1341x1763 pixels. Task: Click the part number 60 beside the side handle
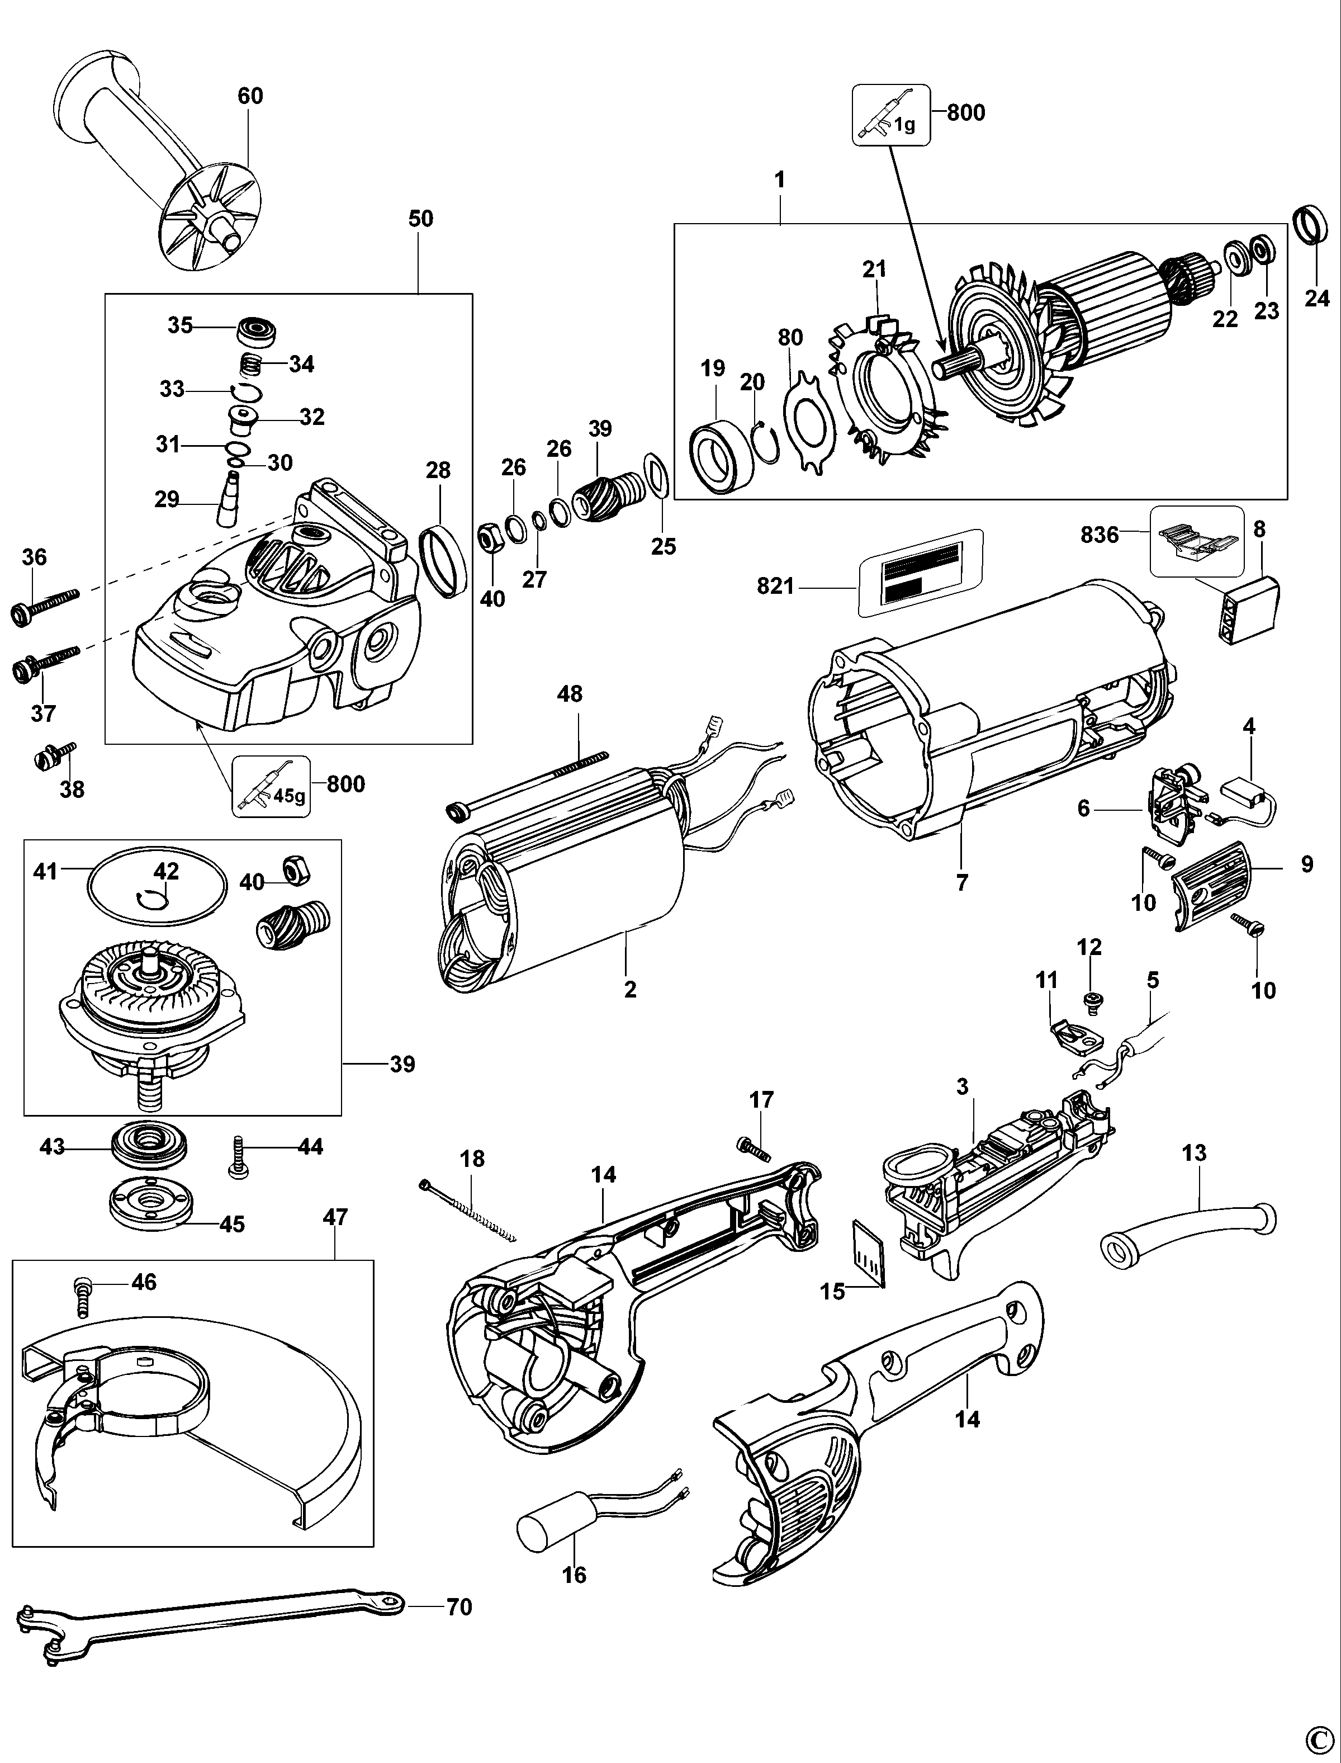tap(250, 96)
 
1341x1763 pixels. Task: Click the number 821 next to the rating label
tap(776, 587)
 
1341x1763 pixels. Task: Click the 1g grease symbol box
tap(892, 115)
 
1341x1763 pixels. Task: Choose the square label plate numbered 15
tap(869, 1263)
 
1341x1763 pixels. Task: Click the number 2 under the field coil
tap(631, 989)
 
